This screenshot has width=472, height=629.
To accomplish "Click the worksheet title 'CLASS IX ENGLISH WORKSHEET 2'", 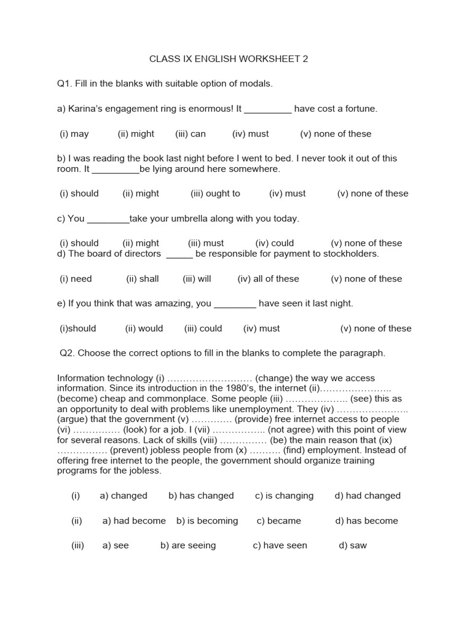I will pos(229,59).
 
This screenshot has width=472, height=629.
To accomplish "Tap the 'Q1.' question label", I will pos(65,84).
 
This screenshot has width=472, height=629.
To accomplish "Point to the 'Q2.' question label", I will pos(67,353).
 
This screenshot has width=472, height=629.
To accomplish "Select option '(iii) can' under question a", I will pos(191,134).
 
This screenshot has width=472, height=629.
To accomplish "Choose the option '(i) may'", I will pos(74,134).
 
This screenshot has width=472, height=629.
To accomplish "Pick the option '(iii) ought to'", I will pos(215,193).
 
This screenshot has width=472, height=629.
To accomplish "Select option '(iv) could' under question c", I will pos(275,243).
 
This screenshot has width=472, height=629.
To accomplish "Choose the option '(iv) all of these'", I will pos(269,279).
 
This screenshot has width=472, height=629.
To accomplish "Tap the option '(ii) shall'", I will pos(143,279).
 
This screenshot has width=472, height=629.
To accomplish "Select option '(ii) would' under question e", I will pos(144,329).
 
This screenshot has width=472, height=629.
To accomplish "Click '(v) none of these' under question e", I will pos(376,329).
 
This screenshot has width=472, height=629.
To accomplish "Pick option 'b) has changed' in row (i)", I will pos(201,496).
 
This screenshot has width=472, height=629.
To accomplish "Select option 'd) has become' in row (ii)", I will pos(367,521).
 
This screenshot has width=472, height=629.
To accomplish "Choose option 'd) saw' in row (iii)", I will pos(353,545).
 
